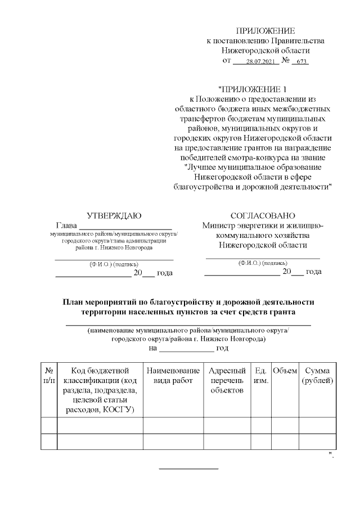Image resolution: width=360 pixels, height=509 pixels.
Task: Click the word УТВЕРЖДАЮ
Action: (x=114, y=216)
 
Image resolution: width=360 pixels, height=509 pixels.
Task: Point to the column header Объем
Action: (x=285, y=371)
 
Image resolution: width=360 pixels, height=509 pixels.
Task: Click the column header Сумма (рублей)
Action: (x=318, y=376)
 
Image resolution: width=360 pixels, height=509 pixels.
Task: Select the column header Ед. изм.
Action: (x=261, y=376)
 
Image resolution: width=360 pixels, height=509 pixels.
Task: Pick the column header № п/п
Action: (x=49, y=376)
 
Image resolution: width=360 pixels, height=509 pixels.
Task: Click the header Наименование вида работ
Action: (x=173, y=376)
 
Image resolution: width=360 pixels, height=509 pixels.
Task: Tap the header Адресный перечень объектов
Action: (x=227, y=381)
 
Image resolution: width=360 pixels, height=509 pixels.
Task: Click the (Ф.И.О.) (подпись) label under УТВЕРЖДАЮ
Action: (x=114, y=264)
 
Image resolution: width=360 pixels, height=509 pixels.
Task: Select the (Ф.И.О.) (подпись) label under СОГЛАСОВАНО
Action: (x=263, y=262)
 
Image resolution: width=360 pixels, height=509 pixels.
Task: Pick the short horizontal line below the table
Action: (x=188, y=469)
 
